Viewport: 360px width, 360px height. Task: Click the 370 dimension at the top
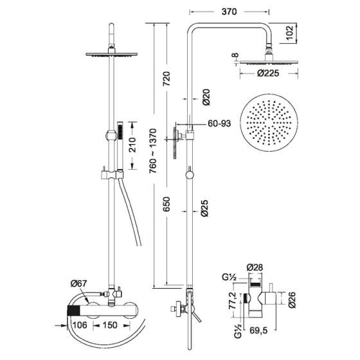[x=228, y=12]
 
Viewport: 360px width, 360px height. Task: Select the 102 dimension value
[x=291, y=31]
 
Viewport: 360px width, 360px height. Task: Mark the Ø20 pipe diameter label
[x=205, y=96]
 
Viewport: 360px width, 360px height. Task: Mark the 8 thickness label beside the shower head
[x=235, y=56]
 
